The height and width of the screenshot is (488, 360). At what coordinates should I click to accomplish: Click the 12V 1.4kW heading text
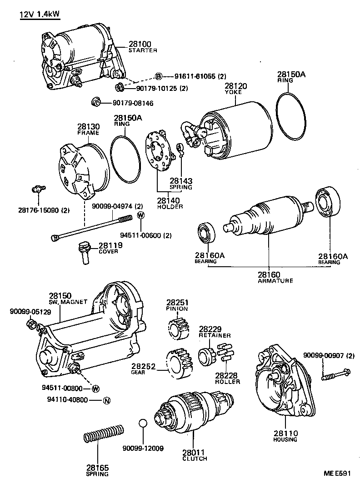[x=40, y=15]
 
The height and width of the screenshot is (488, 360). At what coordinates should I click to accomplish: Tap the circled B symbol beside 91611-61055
[x=159, y=76]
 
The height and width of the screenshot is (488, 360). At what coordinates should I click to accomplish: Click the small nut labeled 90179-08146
[x=96, y=102]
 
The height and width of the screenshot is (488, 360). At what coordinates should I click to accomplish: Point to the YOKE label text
[x=233, y=92]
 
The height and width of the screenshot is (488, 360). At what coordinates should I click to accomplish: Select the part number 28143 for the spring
[x=181, y=180]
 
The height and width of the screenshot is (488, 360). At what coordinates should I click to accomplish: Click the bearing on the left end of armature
[x=208, y=232]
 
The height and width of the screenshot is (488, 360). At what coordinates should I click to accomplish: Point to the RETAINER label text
[x=215, y=335]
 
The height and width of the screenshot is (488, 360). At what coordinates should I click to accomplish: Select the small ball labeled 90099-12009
[x=143, y=423]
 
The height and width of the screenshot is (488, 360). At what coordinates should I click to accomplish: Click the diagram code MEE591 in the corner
[x=337, y=473]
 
